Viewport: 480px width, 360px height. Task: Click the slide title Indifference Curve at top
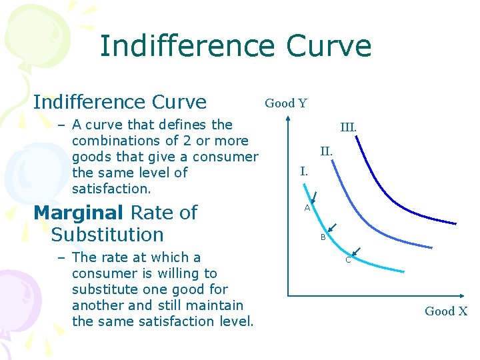click(x=235, y=47)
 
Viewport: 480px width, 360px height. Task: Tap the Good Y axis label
click(x=286, y=103)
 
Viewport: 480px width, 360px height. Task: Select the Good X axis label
click(x=446, y=311)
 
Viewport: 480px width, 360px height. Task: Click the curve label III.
click(x=348, y=127)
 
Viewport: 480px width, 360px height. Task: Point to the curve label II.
click(x=326, y=151)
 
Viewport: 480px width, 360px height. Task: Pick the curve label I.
click(x=304, y=171)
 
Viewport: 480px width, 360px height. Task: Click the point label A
click(x=307, y=208)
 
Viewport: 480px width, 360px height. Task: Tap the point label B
click(x=323, y=237)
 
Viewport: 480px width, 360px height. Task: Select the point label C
click(x=347, y=260)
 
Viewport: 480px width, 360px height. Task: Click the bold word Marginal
click(x=78, y=213)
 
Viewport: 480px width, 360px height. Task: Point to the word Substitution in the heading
click(x=107, y=235)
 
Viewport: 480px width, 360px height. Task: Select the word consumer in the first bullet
click(x=229, y=157)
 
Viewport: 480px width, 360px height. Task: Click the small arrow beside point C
click(x=356, y=251)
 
